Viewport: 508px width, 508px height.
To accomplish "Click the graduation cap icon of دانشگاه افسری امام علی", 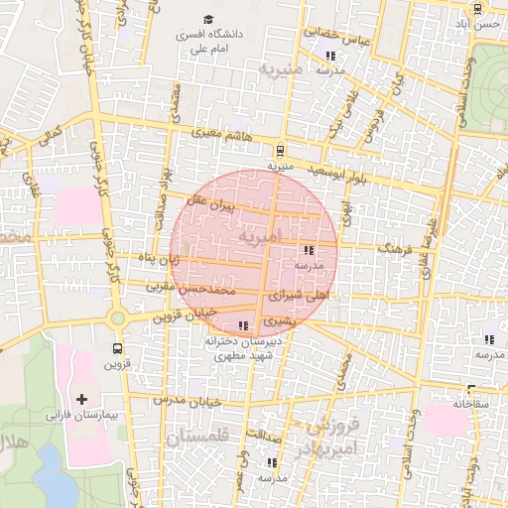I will point(208,19).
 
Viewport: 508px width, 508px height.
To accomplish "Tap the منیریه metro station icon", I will point(281,152).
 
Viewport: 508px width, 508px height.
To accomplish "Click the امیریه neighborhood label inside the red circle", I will point(260,237).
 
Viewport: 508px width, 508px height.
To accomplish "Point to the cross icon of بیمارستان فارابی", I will point(81,398).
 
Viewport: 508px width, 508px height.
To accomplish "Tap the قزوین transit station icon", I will point(118,348).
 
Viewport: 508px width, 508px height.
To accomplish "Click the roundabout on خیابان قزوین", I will point(118,318).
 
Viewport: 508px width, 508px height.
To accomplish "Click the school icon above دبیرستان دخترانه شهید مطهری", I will point(244,325).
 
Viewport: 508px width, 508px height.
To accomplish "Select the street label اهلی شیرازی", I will point(298,296).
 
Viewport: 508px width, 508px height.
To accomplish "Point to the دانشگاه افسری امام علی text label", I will point(209,41).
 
